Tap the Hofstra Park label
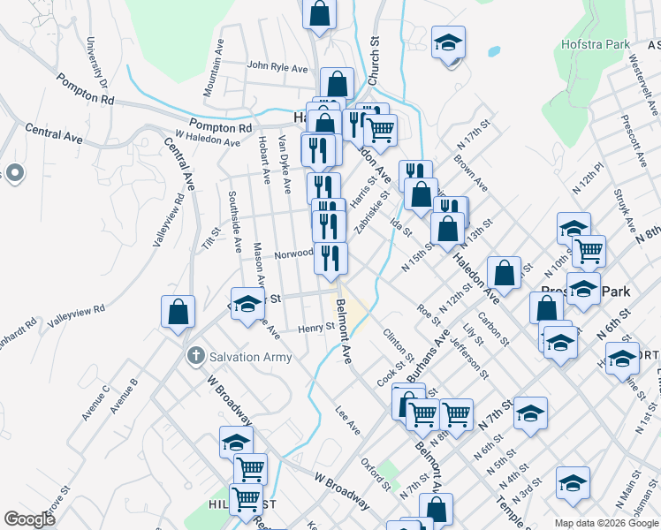tap(596, 43)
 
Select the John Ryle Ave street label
tap(277, 66)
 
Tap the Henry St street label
tap(315, 326)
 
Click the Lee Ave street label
tap(348, 420)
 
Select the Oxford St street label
tap(376, 473)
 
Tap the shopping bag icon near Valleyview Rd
tap(178, 311)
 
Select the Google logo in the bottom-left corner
tap(29, 519)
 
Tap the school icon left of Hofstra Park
tap(448, 42)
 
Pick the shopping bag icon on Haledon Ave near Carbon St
tap(504, 274)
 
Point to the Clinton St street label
tap(393, 344)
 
